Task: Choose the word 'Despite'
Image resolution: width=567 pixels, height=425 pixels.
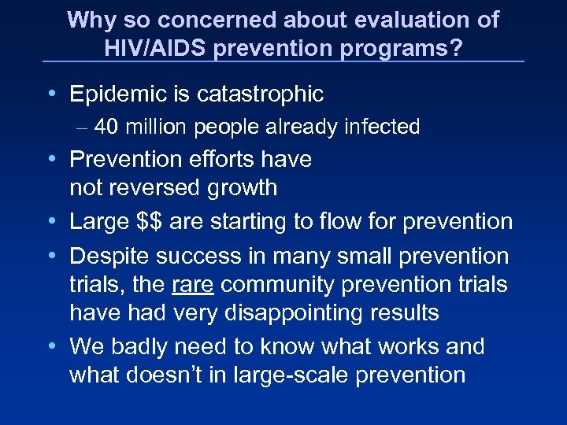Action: [x=109, y=256]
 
